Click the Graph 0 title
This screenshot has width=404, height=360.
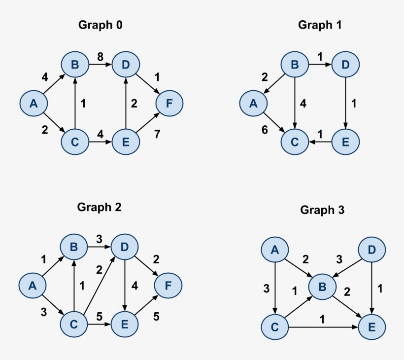101,25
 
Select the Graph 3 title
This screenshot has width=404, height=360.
322,210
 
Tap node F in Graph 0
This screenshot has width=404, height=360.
169,104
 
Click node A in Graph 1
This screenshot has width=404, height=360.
254,104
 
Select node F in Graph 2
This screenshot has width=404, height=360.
168,286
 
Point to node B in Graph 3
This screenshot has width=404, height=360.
322,286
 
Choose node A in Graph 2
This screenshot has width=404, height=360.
33,286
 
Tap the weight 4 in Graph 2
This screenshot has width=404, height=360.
135,285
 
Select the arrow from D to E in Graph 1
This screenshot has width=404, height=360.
346,104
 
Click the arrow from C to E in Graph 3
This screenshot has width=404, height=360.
322,326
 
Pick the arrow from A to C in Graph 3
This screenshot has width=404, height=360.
275,288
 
